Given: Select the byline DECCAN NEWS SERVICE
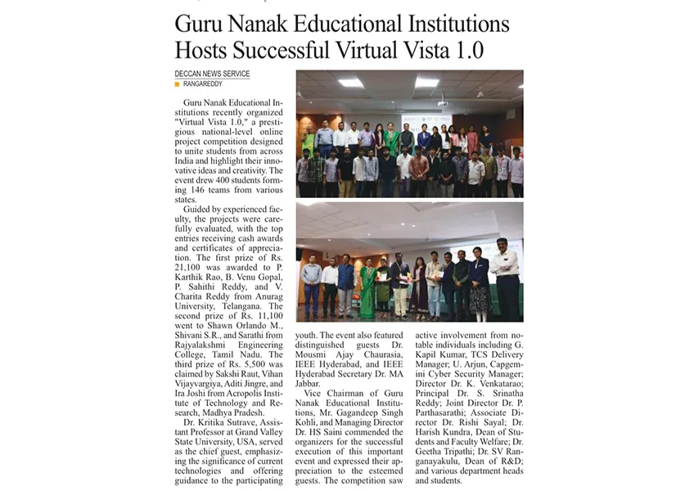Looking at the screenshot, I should (212, 74).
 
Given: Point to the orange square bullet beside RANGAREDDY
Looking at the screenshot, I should (177, 83).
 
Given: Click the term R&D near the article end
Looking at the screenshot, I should (510, 461).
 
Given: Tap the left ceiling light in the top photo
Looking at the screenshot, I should (351, 83).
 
